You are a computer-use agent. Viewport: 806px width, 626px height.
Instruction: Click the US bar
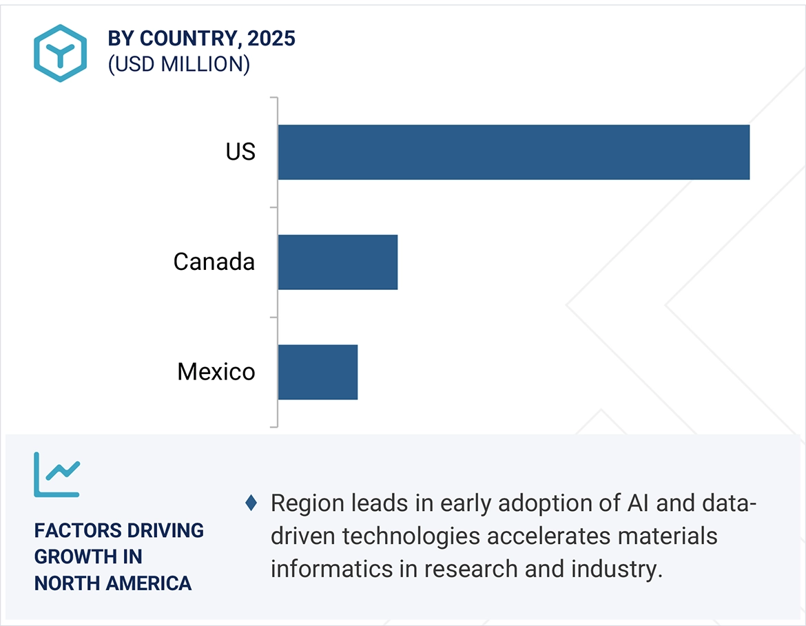point(513,152)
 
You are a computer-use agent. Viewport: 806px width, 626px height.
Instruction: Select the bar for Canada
point(338,262)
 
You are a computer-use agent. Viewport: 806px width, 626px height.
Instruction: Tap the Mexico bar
point(318,372)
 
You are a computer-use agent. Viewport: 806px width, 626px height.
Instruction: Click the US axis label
point(240,152)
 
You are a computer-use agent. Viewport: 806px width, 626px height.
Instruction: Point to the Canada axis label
point(214,262)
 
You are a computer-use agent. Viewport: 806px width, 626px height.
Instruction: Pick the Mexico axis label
point(216,372)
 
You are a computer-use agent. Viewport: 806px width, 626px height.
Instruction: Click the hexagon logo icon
point(60,53)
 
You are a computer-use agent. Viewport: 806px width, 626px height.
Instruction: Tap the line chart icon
point(57,474)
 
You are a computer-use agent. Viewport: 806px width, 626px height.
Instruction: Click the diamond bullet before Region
point(251,503)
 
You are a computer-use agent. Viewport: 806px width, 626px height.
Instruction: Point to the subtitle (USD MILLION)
point(178,64)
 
